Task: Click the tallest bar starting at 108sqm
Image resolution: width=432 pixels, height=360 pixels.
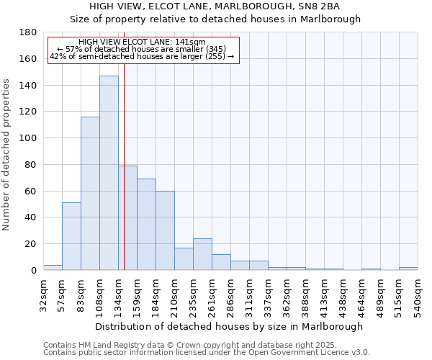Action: pyautogui.click(x=109, y=173)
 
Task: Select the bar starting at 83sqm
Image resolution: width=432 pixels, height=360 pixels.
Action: pyautogui.click(x=90, y=193)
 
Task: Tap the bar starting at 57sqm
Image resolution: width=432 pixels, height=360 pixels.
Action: pyautogui.click(x=71, y=236)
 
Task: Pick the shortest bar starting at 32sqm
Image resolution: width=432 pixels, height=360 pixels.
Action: pyautogui.click(x=53, y=267)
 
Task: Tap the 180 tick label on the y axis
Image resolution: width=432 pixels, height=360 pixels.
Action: pyautogui.click(x=29, y=32)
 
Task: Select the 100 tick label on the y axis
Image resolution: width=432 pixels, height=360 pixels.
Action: pyautogui.click(x=29, y=138)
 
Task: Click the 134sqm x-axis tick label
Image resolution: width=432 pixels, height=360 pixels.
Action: pyautogui.click(x=118, y=294)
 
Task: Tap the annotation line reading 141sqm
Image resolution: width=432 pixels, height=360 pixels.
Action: pyautogui.click(x=142, y=42)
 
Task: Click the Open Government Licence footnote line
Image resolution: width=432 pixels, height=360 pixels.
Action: pyautogui.click(x=206, y=353)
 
